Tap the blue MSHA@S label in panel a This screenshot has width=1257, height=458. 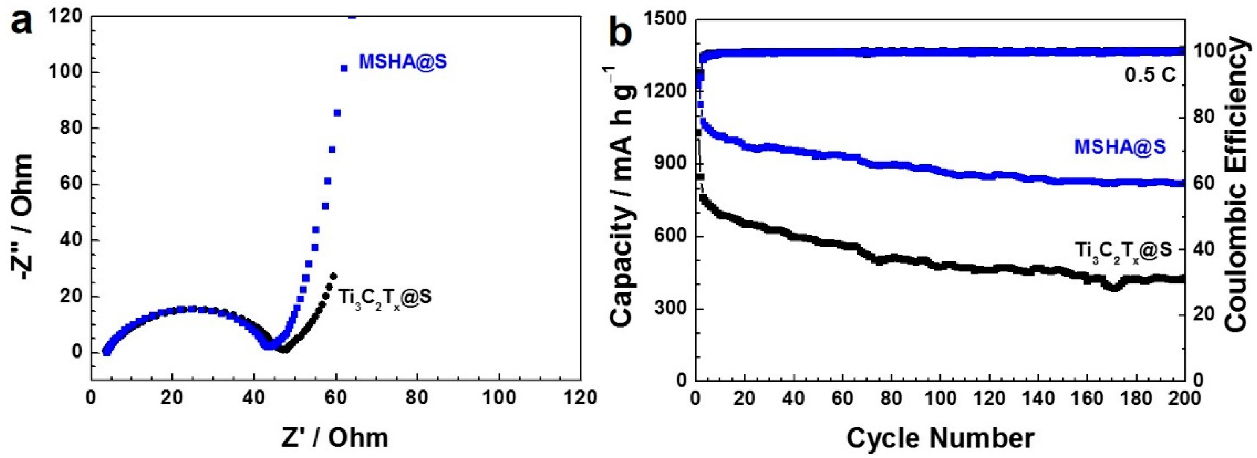click(403, 62)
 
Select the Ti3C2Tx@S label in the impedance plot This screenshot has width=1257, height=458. click(385, 298)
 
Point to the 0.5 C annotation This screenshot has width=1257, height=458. click(1149, 75)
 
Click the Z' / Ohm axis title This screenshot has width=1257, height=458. click(335, 438)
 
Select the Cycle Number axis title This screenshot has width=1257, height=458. click(940, 438)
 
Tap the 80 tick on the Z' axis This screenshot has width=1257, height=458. click(417, 398)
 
